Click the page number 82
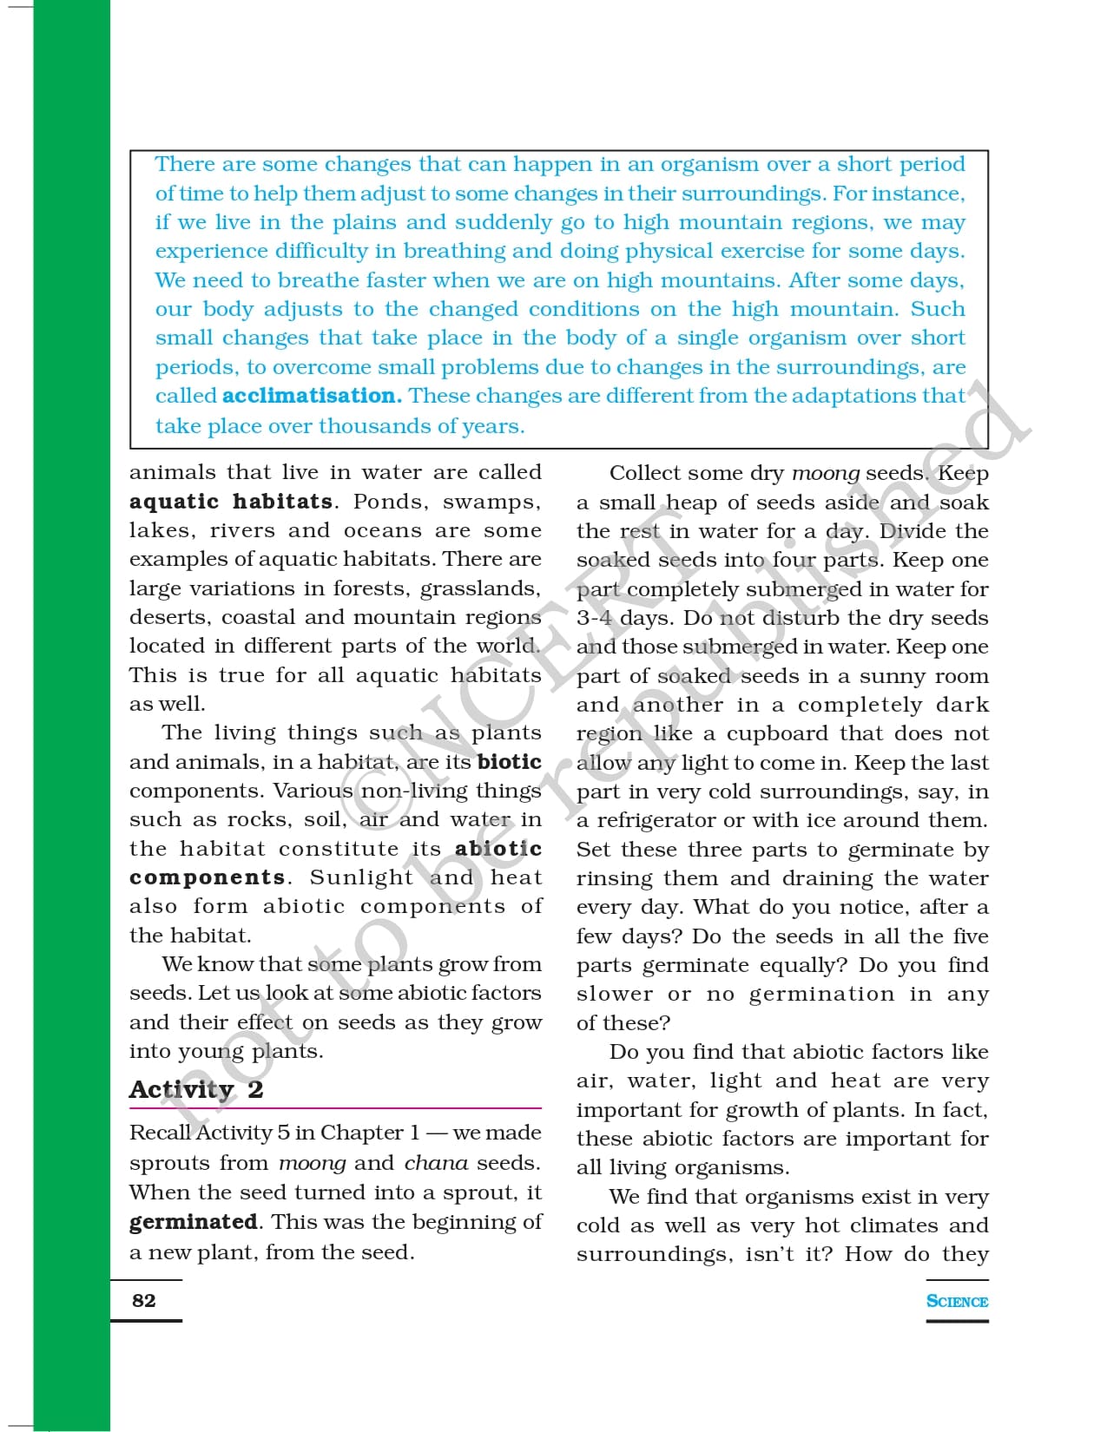pyautogui.click(x=144, y=1300)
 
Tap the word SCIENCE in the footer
pyautogui.click(x=957, y=1301)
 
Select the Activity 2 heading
pyautogui.click(x=196, y=1089)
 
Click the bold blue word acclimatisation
pyautogui.click(x=312, y=396)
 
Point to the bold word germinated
pyautogui.click(x=194, y=1222)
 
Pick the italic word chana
pyautogui.click(x=436, y=1163)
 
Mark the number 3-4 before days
pyautogui.click(x=595, y=618)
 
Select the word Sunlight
pyautogui.click(x=361, y=877)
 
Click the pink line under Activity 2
pyautogui.click(x=335, y=1108)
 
